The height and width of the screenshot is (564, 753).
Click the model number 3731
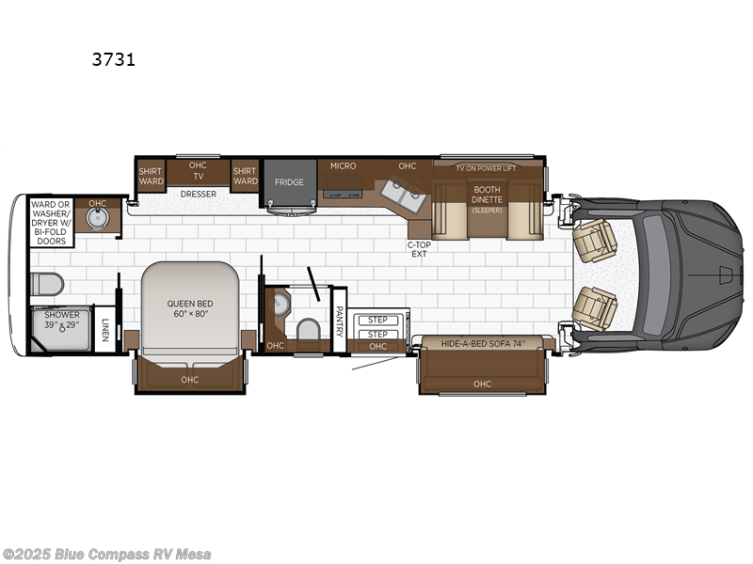[114, 59]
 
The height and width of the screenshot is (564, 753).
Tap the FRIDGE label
[289, 181]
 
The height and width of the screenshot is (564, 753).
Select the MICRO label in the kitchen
[343, 166]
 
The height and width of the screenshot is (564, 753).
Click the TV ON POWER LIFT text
[486, 168]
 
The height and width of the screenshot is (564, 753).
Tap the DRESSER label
[199, 195]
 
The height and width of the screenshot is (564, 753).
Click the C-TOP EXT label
[419, 249]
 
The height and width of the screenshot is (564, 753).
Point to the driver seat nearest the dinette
[597, 240]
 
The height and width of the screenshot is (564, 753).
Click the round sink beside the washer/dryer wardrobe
[98, 219]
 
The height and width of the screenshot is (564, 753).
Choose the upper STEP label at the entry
[377, 321]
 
